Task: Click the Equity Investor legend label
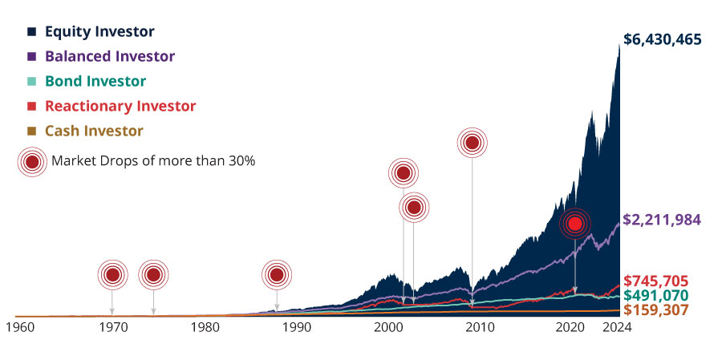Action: (x=99, y=32)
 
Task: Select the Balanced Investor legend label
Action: (x=110, y=57)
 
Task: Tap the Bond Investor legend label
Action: (x=95, y=82)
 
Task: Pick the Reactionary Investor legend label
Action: (x=120, y=106)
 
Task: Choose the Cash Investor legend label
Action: (x=94, y=131)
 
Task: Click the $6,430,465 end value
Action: (x=663, y=39)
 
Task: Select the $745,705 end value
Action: (x=656, y=281)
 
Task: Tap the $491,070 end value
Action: (x=656, y=295)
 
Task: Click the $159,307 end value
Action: (x=656, y=309)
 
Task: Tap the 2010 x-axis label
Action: (x=480, y=328)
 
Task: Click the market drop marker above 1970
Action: (x=112, y=275)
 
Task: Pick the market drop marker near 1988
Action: (x=277, y=275)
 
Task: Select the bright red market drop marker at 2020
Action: (x=574, y=224)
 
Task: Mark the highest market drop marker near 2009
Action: (x=473, y=144)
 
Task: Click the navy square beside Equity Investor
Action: (x=31, y=32)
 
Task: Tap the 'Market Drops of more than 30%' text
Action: (x=153, y=161)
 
